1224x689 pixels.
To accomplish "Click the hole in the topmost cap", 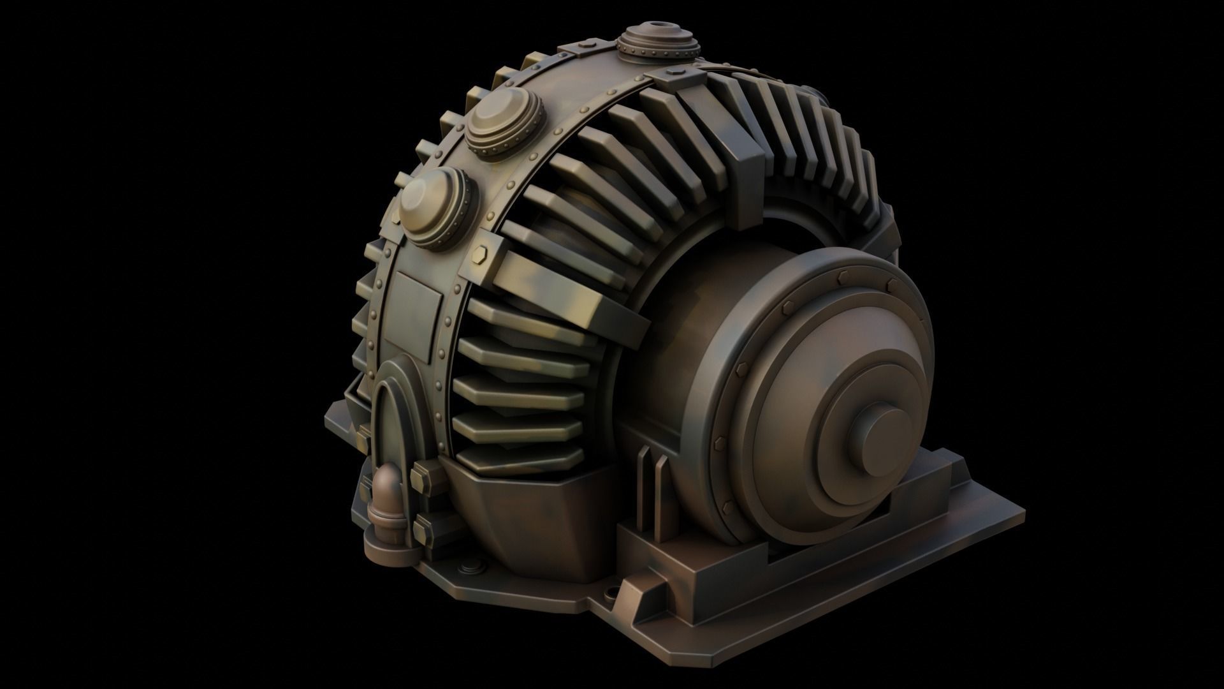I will pos(657,31).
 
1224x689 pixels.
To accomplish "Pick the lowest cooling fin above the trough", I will pos(520,457).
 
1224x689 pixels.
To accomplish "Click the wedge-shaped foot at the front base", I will pos(644,577).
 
